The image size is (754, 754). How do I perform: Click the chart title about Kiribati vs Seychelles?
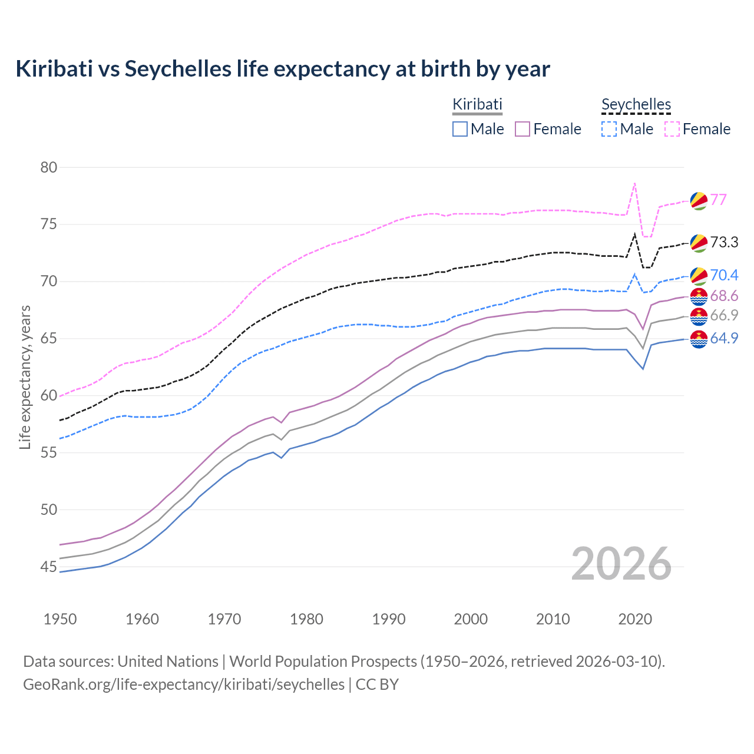coord(283,69)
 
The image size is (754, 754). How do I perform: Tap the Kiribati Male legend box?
coord(460,129)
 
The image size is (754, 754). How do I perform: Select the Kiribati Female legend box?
coord(522,129)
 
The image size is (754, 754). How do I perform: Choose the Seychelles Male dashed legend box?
coord(609,129)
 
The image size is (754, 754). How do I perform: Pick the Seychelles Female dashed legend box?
coord(672,129)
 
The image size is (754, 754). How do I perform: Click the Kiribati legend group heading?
coord(477,104)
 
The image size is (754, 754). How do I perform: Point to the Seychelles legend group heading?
coord(636,104)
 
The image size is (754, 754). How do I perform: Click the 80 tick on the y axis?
coord(49,167)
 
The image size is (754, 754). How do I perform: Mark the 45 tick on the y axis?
coord(49,567)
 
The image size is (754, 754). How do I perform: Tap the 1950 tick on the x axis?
coord(60,619)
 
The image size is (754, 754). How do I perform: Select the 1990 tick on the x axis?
coord(389,619)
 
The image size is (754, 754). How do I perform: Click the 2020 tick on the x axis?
coord(635,619)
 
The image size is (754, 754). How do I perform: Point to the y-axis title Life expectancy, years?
coord(25,377)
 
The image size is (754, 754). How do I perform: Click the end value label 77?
coord(719,200)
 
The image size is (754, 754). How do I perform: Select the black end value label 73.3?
coord(724,242)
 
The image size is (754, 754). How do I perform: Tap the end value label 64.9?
coord(724,338)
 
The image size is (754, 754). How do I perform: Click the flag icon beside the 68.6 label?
coord(699,296)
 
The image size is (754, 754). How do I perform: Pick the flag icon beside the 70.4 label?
coord(699,275)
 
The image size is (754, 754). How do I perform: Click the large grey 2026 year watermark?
coord(621,564)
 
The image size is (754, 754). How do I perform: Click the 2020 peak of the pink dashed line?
coord(634,183)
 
